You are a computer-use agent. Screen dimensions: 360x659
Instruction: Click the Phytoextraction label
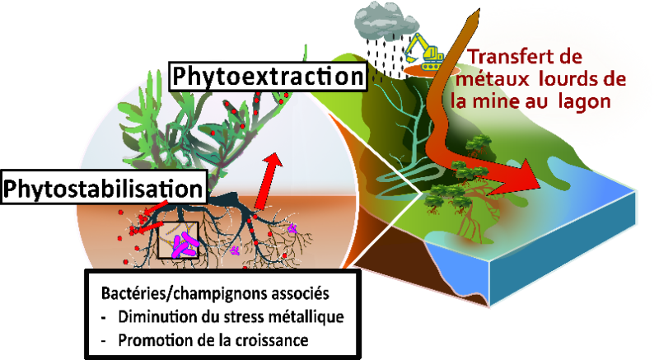[267, 78]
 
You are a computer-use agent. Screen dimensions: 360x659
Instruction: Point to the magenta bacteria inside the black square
[185, 244]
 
